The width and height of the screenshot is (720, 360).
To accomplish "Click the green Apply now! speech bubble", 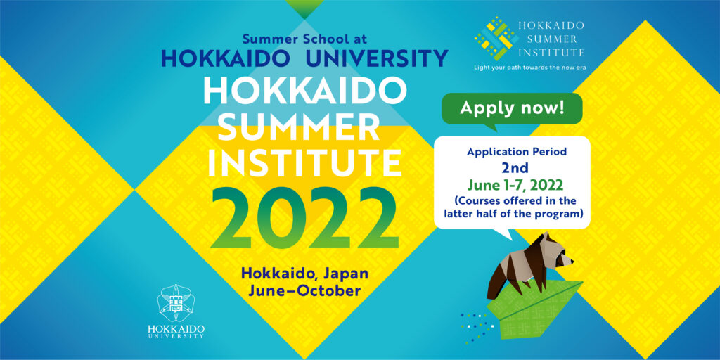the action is [512, 109].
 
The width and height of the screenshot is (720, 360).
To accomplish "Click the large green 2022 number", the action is [305, 218].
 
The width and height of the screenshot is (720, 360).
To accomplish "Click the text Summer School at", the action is [305, 39].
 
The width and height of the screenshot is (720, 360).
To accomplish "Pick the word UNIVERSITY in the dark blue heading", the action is [377, 58].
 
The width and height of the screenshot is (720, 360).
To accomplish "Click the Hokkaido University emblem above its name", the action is [176, 302].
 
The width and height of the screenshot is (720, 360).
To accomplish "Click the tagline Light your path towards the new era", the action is [530, 67].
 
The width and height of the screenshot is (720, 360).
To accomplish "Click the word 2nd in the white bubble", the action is [515, 168].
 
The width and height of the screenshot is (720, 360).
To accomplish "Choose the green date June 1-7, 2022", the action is [515, 185].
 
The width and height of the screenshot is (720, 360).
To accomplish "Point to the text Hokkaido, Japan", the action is [305, 274].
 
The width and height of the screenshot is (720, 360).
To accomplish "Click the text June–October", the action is [305, 290].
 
